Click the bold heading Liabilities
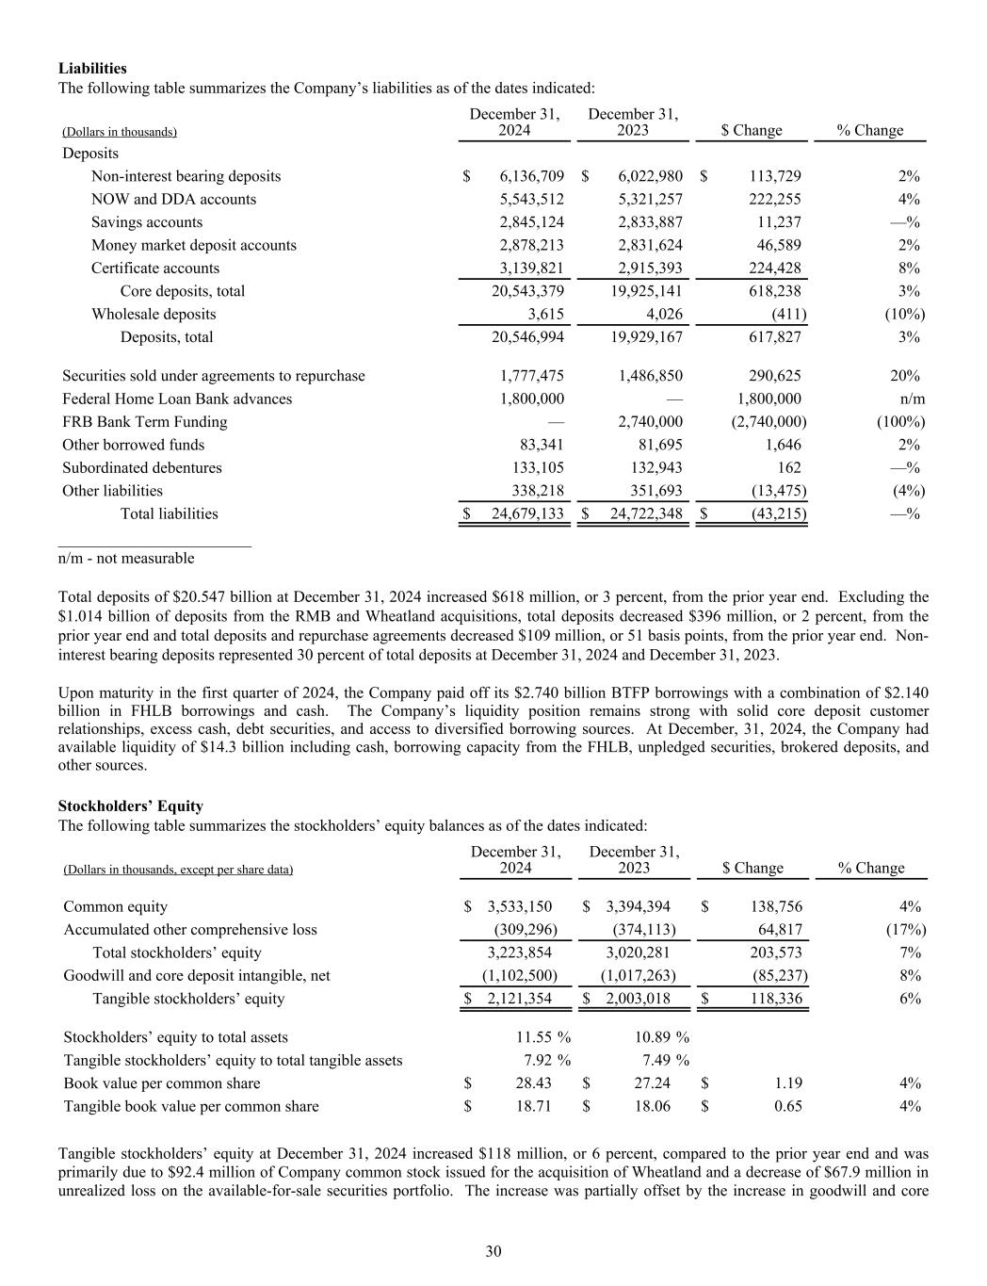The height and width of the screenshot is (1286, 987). coord(92,69)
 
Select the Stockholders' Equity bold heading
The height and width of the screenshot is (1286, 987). coord(130,806)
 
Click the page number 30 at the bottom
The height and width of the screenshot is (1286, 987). coord(493,1251)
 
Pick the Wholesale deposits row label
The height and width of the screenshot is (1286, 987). coord(154,315)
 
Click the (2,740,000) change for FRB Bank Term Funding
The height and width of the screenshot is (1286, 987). coord(769,422)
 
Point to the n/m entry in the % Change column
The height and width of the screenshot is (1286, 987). coord(912,399)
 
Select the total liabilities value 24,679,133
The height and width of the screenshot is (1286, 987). coord(527,514)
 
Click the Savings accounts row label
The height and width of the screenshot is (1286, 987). coord(147,222)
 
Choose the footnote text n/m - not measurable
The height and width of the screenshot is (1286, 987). coord(126,559)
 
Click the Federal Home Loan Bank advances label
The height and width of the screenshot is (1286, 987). coord(177,399)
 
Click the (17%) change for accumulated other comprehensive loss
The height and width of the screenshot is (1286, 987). coord(906,930)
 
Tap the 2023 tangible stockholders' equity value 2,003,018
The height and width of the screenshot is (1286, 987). coord(638,999)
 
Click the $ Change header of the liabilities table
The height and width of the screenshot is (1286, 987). coord(751,131)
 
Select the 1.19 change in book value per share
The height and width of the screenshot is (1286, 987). coord(787,1083)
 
